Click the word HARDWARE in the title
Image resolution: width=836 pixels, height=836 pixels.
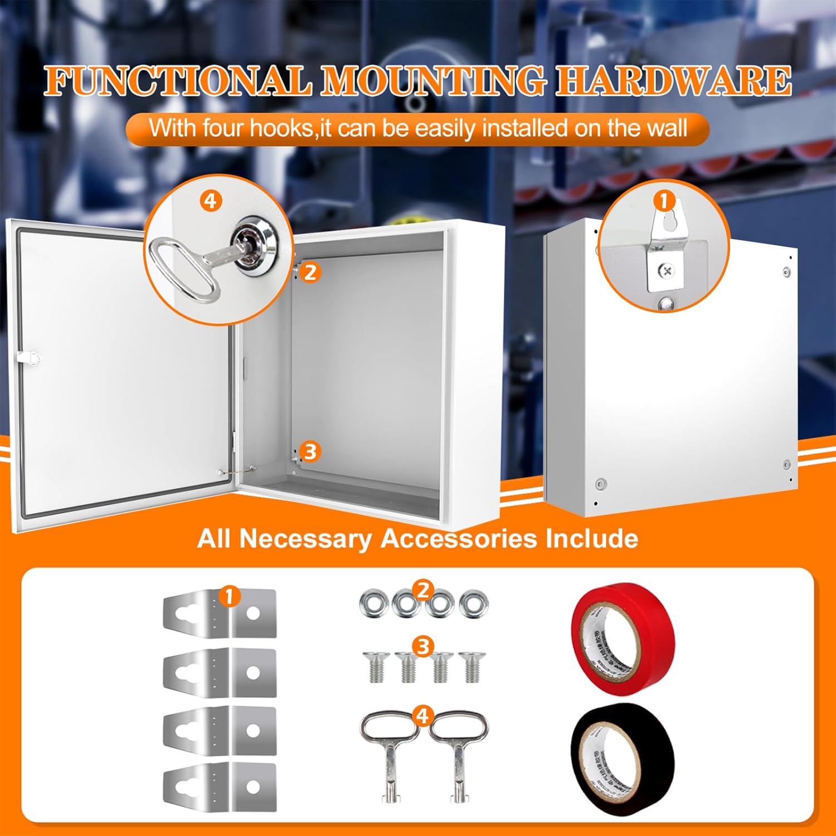(674, 81)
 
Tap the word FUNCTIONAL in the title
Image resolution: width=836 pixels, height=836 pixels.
(177, 81)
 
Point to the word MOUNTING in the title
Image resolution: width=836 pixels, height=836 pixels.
(432, 81)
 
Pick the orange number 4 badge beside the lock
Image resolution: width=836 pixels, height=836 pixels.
(210, 201)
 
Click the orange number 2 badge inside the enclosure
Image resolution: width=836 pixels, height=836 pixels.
(310, 273)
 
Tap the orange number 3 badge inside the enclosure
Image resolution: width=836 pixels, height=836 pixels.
(310, 451)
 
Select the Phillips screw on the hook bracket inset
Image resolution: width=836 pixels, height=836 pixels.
(667, 271)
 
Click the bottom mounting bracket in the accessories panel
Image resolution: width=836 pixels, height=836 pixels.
(220, 786)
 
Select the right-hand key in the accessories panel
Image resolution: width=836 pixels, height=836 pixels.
(458, 752)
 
